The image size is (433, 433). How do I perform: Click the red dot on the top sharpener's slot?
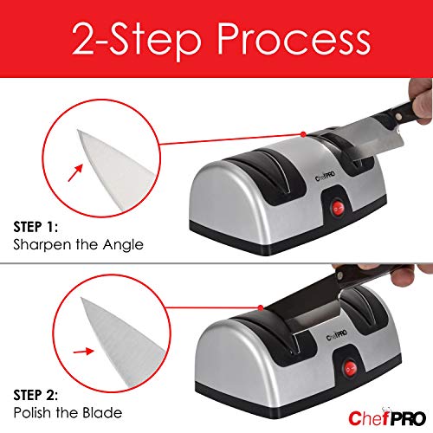click(302, 132)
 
